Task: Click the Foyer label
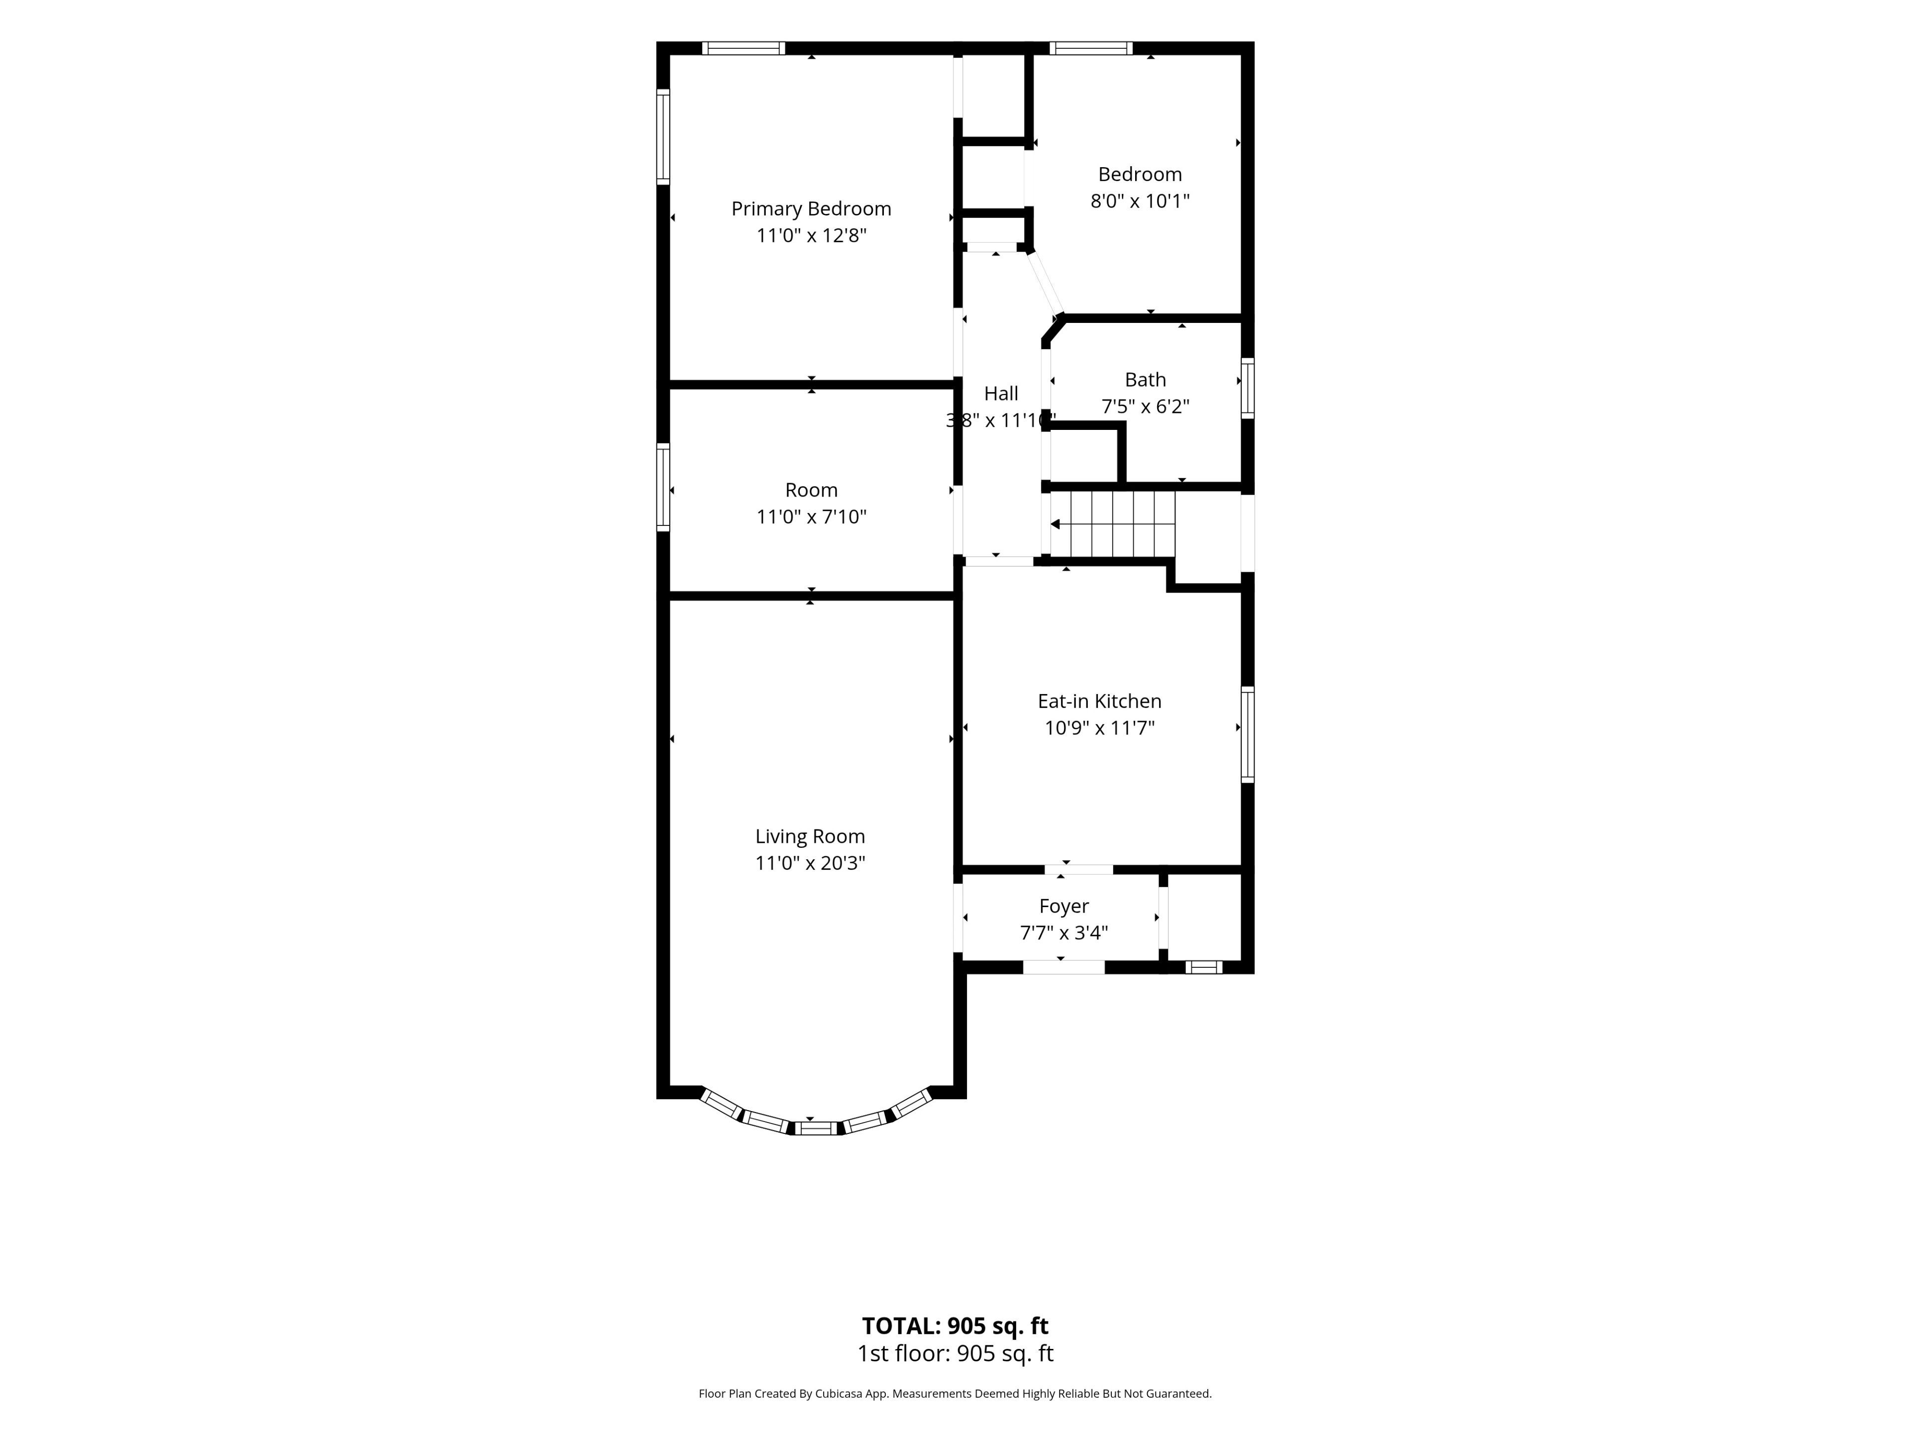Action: click(x=1063, y=906)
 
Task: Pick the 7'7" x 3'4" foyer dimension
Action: click(x=1063, y=933)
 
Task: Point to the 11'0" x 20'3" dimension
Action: click(x=810, y=863)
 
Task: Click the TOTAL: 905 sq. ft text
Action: click(x=955, y=1326)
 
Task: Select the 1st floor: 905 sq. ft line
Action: click(x=955, y=1353)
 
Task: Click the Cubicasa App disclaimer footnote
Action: click(x=955, y=1393)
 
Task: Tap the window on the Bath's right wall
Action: click(x=1248, y=389)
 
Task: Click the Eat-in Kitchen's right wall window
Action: click(x=1248, y=735)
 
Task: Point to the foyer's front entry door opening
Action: click(x=1063, y=967)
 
